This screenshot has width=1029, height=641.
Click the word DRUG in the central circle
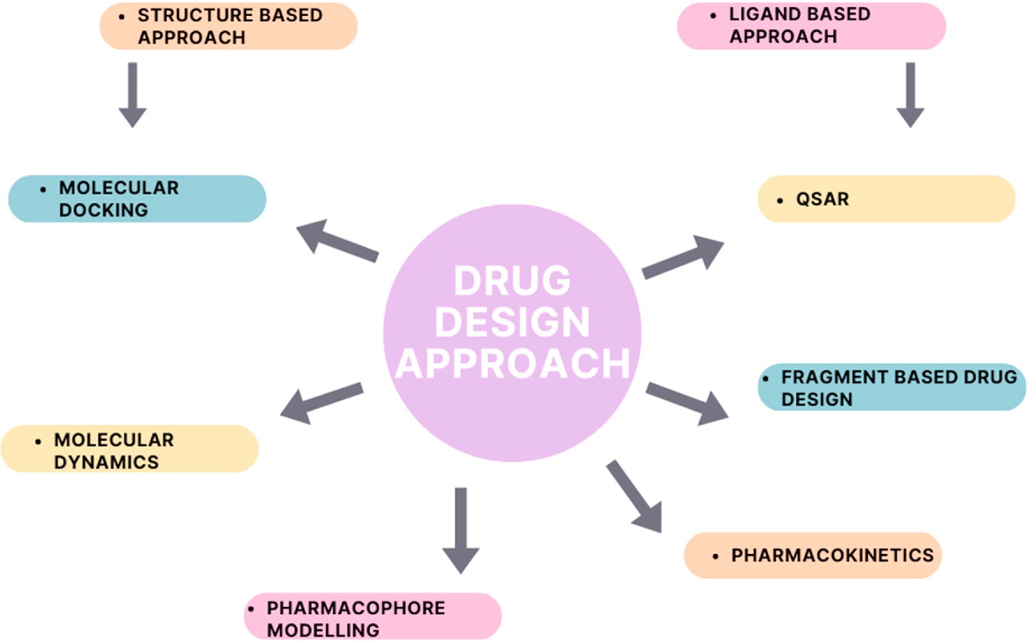[x=512, y=281]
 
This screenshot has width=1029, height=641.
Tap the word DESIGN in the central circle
[x=512, y=322]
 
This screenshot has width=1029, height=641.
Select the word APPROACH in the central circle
[x=512, y=363]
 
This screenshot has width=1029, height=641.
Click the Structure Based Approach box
[x=228, y=26]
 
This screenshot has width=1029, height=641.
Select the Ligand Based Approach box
[x=811, y=26]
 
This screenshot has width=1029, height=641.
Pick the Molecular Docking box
[x=137, y=199]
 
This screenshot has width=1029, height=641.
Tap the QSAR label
[x=822, y=199]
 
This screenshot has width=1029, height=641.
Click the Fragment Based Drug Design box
[x=891, y=387]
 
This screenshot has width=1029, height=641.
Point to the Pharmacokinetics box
[x=812, y=555]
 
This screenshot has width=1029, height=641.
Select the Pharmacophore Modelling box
[x=372, y=617]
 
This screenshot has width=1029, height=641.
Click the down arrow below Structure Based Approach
[x=133, y=94]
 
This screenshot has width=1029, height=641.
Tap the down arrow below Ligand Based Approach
[x=910, y=94]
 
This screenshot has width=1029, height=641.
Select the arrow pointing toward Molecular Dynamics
[x=321, y=403]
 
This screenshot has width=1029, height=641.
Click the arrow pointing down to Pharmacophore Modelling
[x=461, y=529]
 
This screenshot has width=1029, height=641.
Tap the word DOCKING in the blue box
[x=103, y=210]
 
